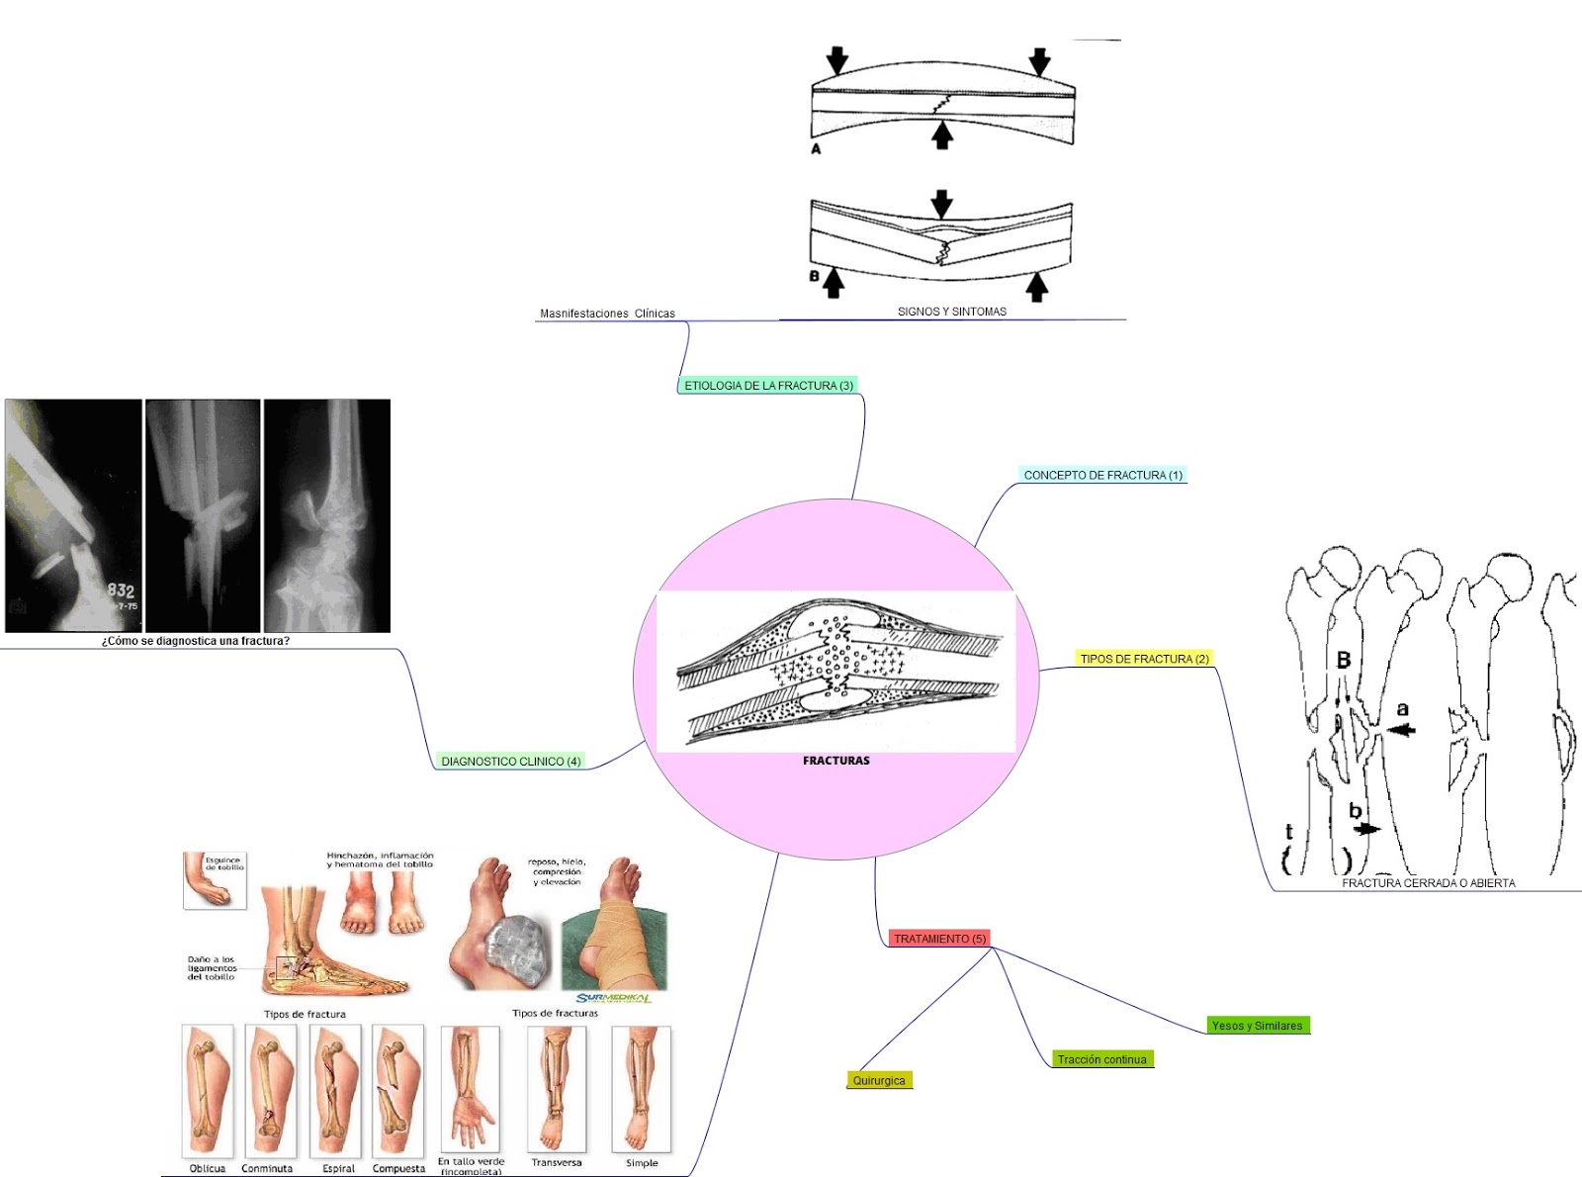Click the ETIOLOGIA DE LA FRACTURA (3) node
click(768, 386)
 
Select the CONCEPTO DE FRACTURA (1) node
click(1102, 476)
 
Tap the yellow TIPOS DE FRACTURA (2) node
click(1144, 659)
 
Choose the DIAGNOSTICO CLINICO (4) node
click(510, 762)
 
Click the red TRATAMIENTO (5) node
click(939, 939)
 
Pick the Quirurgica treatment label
click(879, 1081)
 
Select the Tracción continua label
click(1101, 1060)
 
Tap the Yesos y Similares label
click(1257, 1026)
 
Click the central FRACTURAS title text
click(835, 761)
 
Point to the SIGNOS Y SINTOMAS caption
click(951, 312)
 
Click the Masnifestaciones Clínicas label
click(607, 314)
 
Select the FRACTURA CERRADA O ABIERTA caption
click(1428, 883)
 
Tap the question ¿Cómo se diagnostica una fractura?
click(196, 641)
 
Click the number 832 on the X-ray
click(121, 590)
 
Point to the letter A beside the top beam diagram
click(816, 149)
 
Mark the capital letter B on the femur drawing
click(1343, 660)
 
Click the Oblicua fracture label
click(208, 1168)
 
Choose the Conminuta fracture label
click(267, 1168)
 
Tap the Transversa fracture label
click(556, 1162)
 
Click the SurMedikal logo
click(613, 998)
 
